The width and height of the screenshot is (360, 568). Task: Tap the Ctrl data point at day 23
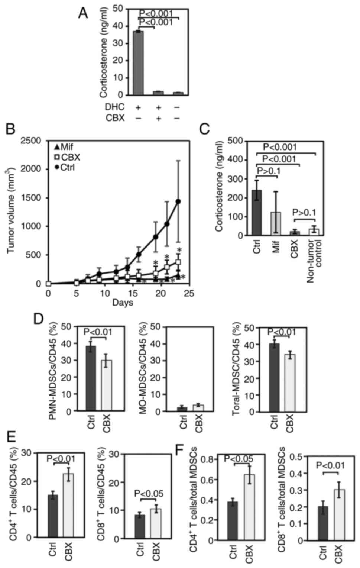(178, 201)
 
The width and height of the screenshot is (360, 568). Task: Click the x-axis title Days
(123, 303)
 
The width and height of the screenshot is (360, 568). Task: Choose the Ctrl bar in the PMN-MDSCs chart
(91, 378)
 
